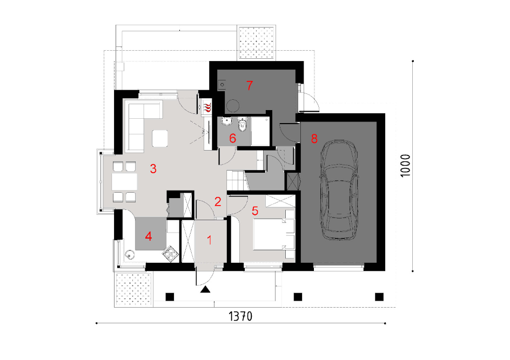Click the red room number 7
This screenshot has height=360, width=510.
point(250,85)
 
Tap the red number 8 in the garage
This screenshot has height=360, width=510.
point(314,139)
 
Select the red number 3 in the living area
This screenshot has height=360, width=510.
point(153,168)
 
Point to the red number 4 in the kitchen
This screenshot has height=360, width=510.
point(149,236)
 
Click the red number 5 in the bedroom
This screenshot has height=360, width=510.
point(255,211)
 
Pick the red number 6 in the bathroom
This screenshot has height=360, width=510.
point(232,138)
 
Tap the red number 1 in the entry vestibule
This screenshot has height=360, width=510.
point(210,240)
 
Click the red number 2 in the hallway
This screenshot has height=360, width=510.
point(218,201)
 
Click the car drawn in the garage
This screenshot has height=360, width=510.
point(339,190)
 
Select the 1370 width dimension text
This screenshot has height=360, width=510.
point(240,316)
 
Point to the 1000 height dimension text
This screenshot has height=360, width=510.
point(405,166)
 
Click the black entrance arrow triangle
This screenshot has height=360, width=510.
point(205,289)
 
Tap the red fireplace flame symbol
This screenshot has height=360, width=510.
point(207,107)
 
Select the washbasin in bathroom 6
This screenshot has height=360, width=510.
point(227,121)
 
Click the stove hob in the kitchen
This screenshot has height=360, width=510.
point(171,254)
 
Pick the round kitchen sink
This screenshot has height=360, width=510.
point(130,254)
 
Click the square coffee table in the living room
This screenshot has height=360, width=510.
point(160,138)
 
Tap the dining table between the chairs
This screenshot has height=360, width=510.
point(124,182)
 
